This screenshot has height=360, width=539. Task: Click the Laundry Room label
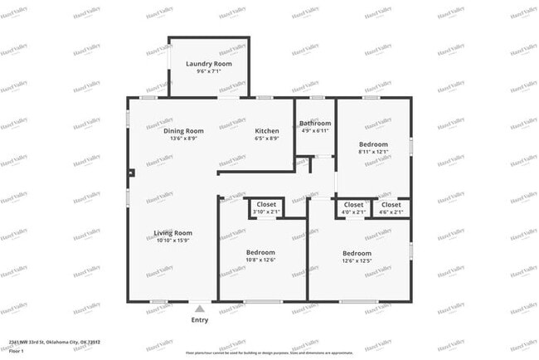pos(208,64)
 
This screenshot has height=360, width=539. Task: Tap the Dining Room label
pos(183,131)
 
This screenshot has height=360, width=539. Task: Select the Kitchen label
pos(266,131)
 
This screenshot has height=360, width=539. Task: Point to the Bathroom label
pos(315,124)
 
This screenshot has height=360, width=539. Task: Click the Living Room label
pos(172,233)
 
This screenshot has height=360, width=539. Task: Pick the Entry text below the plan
pos(200,320)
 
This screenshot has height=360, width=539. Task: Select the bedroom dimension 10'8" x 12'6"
pos(260,260)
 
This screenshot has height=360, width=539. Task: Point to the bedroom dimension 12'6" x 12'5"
pos(357,260)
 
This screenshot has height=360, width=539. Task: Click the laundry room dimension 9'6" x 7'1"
pos(208,71)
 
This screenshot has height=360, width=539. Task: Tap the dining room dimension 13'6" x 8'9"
pos(183,139)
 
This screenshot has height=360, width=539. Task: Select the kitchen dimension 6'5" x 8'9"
pos(266,139)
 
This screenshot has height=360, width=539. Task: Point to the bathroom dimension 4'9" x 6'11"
pos(315,131)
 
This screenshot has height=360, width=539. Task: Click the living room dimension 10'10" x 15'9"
pos(172,241)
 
